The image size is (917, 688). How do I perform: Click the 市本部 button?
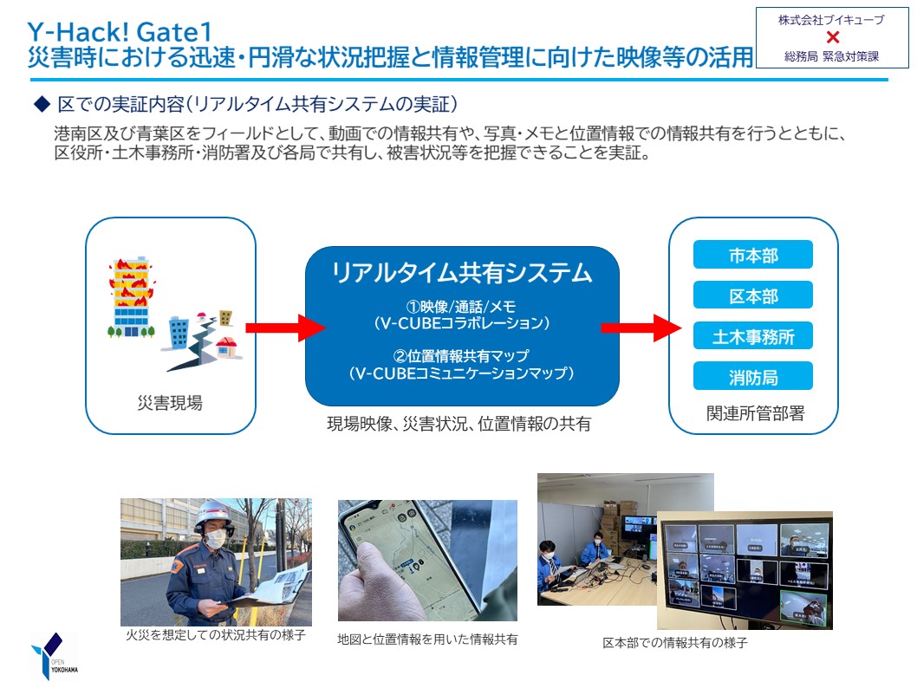[752, 255]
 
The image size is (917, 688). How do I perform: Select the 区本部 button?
[752, 295]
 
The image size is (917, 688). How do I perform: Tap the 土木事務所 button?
[752, 336]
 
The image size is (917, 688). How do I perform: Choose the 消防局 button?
[752, 376]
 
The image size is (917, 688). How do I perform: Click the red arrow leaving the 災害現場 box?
[285, 328]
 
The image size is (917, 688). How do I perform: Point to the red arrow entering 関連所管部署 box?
[641, 328]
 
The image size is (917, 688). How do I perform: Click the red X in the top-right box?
[833, 37]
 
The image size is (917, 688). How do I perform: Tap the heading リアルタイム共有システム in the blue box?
[462, 272]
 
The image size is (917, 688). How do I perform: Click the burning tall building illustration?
[132, 297]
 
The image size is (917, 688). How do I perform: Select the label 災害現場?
[170, 403]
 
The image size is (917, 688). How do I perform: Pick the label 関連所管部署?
[755, 413]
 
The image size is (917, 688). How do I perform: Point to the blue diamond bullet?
[42, 104]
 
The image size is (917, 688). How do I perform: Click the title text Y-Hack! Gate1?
[120, 32]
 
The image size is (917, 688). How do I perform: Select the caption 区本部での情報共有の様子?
[675, 643]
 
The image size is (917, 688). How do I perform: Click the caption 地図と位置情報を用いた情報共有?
[427, 639]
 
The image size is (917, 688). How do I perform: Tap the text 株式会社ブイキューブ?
[831, 20]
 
